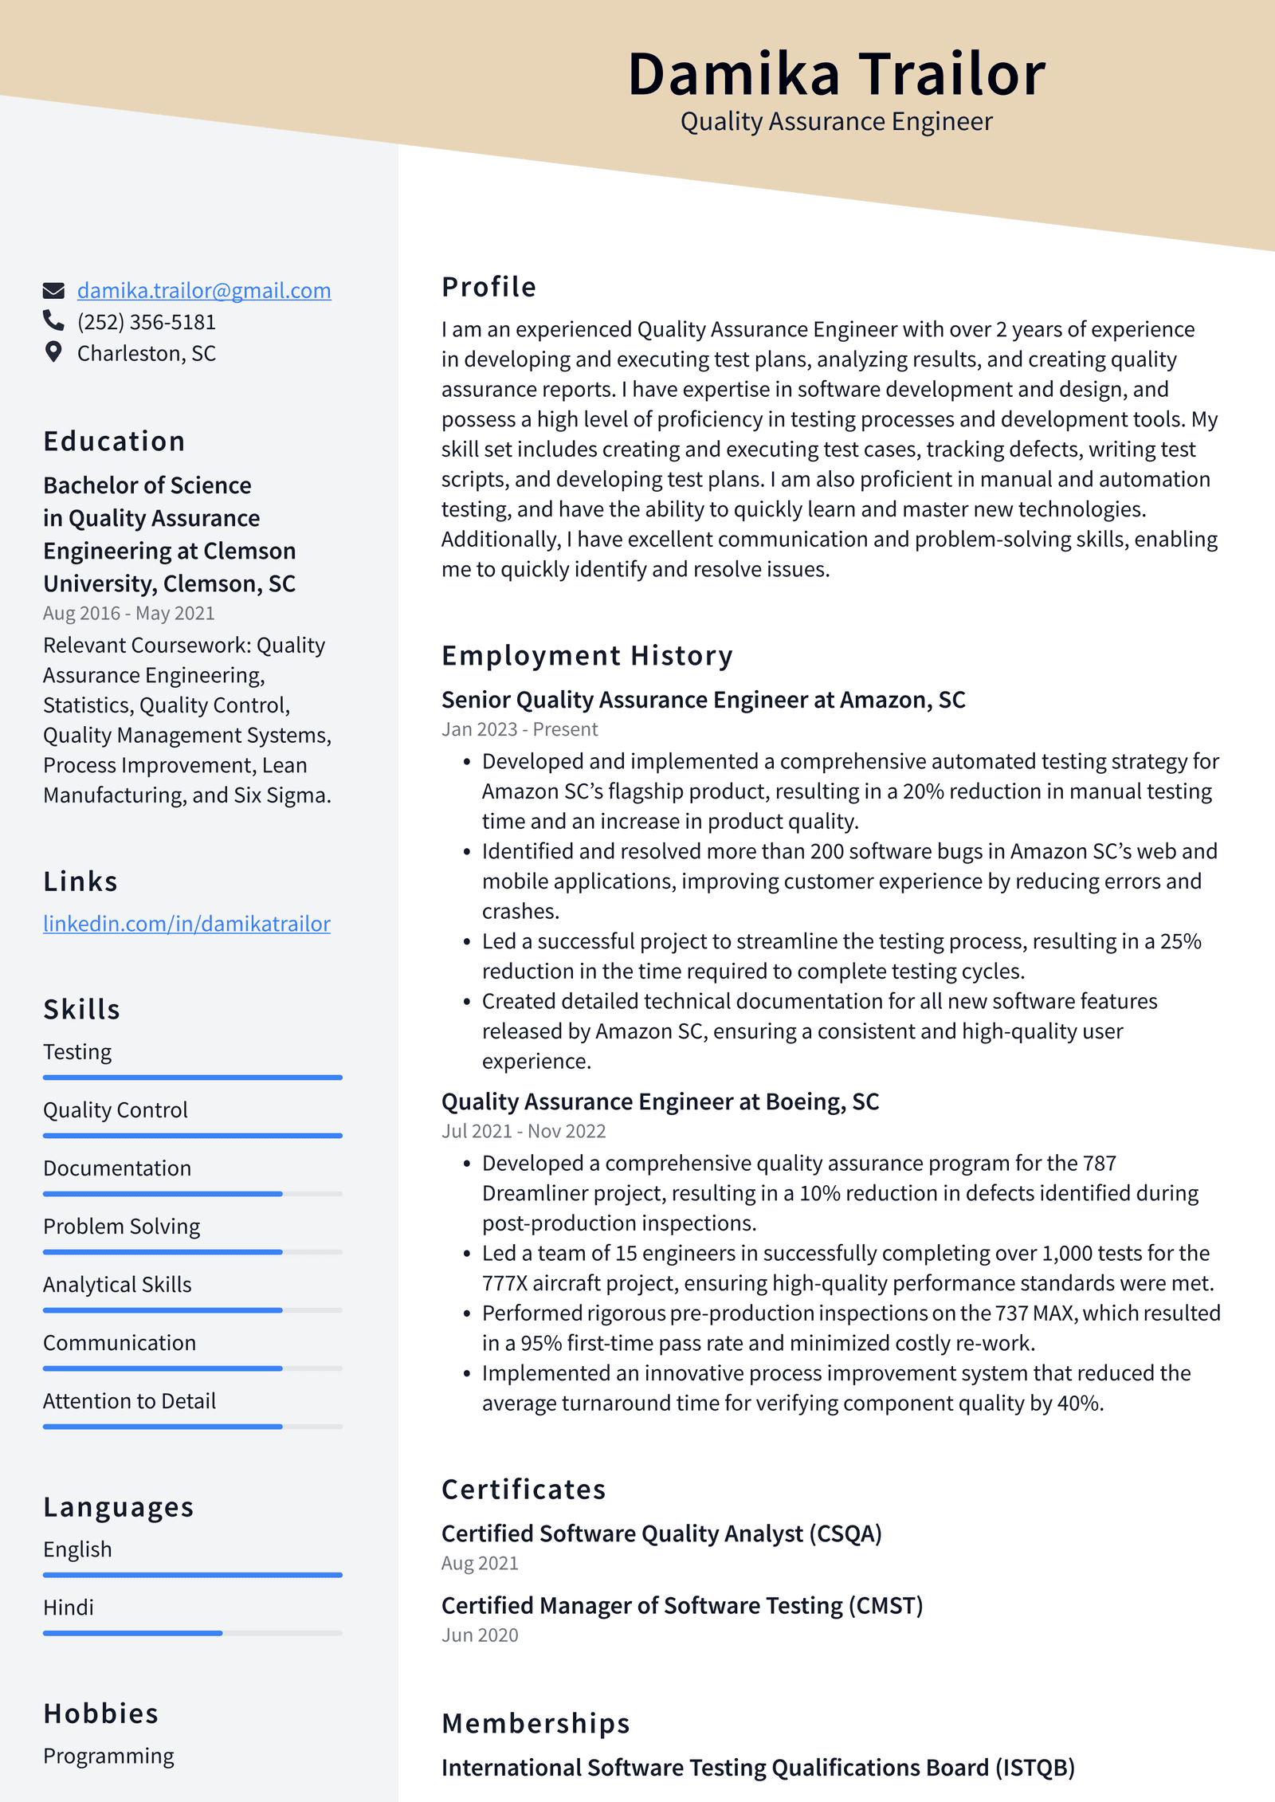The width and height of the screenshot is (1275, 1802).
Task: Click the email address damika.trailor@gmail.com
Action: coord(203,291)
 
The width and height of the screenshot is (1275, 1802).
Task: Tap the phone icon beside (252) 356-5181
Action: coord(53,320)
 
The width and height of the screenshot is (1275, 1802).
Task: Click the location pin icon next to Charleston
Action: coord(53,352)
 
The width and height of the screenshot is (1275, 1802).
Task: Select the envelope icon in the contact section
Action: coord(53,290)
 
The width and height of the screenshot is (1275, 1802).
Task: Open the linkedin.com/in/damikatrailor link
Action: coord(186,924)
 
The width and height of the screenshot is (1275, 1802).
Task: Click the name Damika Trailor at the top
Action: coord(836,74)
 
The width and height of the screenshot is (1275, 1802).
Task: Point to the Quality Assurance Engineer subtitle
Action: coord(836,122)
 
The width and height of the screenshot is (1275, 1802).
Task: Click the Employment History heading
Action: coord(586,656)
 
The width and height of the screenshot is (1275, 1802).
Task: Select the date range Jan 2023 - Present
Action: coord(520,729)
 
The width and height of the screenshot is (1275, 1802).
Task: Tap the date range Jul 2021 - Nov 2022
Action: coord(524,1131)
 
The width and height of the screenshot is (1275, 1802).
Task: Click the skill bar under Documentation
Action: coord(192,1194)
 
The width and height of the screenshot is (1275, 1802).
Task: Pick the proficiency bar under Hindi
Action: coord(192,1633)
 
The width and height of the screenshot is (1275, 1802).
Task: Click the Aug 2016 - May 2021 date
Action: coord(128,613)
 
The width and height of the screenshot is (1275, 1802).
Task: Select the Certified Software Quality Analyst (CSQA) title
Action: coord(661,1533)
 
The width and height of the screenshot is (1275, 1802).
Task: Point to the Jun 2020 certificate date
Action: coord(480,1635)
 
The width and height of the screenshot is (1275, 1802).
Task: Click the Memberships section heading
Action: coord(535,1723)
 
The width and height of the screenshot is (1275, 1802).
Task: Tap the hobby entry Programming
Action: coord(108,1757)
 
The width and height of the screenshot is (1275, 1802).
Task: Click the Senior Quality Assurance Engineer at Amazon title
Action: coord(703,700)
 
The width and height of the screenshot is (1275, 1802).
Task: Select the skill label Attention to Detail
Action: coord(129,1401)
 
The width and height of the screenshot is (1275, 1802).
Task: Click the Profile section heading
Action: coord(488,287)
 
